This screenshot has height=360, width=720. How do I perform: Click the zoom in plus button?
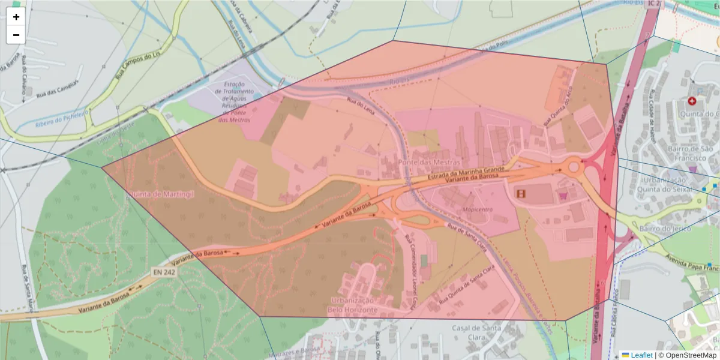coord(16,17)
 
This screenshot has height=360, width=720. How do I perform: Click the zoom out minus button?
coord(16,35)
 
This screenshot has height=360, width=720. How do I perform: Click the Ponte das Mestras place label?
coord(429,162)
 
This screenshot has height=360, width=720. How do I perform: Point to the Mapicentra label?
coord(478,209)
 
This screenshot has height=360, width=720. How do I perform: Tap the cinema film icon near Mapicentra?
coord(521,193)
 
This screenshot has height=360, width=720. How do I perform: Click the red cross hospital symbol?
coord(692,101)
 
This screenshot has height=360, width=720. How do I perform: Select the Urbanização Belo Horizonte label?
coord(352,305)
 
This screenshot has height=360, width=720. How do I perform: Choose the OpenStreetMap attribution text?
coord(687,355)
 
